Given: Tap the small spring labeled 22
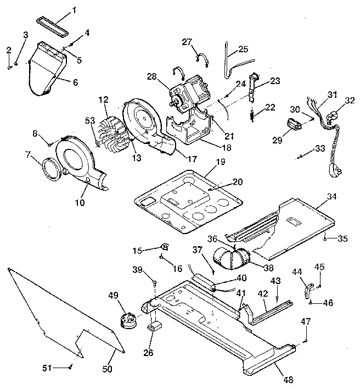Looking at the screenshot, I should point(252,115).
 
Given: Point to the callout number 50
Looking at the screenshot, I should point(107,369).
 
